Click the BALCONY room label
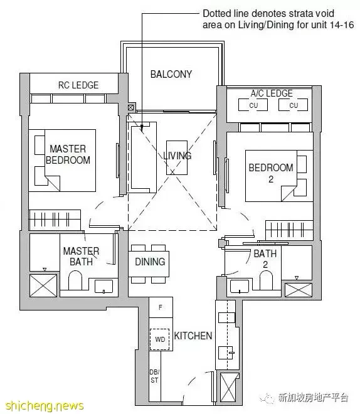171,74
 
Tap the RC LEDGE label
78,85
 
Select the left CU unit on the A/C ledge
253,105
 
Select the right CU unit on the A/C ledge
293,105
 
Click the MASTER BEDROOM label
68,154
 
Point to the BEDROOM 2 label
271,173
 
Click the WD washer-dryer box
160,339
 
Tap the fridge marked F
161,307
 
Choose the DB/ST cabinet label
154,376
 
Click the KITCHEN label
193,336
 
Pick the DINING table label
150,262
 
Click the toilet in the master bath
75,280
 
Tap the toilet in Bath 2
266,280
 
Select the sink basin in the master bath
103,286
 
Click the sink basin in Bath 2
240,286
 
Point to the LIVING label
177,156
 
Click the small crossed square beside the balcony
130,107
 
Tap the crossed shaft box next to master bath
43,285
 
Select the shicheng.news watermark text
45,405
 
